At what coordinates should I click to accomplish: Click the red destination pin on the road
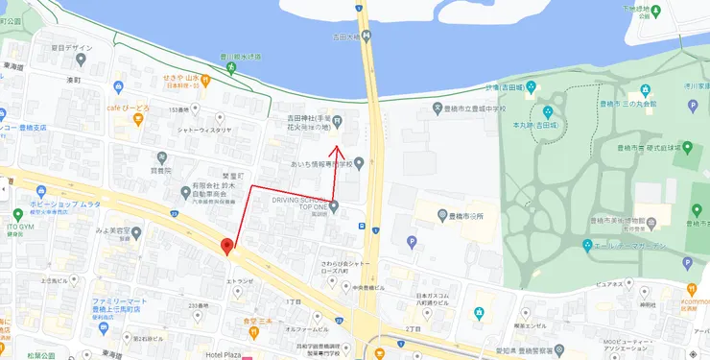point(227,246)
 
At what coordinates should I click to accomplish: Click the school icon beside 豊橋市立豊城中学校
point(438,107)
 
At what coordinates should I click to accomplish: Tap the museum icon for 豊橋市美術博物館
point(651,222)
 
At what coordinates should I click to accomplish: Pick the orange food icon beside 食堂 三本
point(253,333)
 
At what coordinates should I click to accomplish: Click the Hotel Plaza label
point(226,354)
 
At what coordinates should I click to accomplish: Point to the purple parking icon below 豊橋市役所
point(412,242)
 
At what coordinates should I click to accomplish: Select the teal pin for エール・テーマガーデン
point(588,246)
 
